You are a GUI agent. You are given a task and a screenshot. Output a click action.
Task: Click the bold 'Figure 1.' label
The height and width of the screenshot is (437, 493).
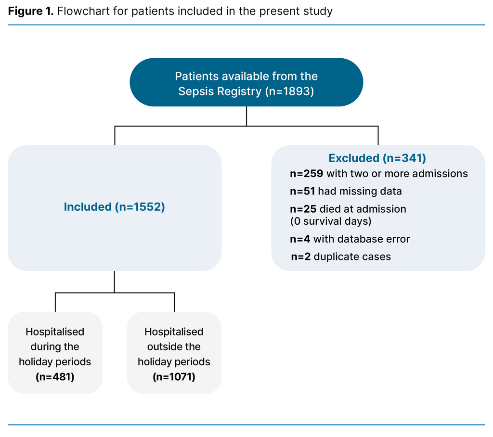point(30,11)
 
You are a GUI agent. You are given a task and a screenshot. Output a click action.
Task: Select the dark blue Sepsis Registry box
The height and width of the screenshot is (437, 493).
point(246,82)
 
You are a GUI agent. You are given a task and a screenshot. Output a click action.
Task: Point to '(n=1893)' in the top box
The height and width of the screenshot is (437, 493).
point(289,91)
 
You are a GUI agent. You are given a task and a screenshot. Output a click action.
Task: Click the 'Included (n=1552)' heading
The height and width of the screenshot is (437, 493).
point(115,207)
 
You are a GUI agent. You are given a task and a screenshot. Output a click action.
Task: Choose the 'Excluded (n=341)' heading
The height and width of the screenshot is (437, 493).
point(377,158)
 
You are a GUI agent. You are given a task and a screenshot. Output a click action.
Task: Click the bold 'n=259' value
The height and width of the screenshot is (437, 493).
point(306,173)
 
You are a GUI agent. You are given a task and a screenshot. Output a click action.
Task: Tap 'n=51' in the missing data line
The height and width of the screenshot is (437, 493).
point(302,191)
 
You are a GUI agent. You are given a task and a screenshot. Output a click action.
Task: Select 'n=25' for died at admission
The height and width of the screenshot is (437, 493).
point(303,209)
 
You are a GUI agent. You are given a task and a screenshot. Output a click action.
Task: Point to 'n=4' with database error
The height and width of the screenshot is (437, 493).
point(299,239)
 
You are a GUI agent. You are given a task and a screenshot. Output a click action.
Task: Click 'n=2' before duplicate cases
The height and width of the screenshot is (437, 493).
point(300,257)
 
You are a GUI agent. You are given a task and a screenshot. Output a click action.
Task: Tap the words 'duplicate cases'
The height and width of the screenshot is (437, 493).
point(352,257)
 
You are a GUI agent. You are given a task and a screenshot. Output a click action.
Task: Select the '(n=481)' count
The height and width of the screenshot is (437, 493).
point(55,377)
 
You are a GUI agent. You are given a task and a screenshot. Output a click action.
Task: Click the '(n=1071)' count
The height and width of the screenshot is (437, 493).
point(174,377)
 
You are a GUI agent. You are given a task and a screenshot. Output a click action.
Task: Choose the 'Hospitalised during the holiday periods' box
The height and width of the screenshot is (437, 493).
point(55,353)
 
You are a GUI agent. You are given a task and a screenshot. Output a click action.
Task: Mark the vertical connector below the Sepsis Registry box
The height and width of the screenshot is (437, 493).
point(246,116)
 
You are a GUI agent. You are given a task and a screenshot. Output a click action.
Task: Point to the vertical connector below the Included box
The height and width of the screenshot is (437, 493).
point(115,282)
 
